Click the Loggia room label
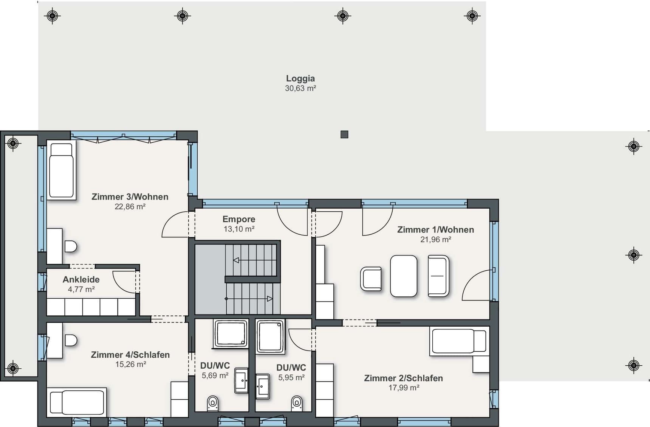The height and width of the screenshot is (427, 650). click(300, 78)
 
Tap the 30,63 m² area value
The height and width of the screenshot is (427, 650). click(300, 88)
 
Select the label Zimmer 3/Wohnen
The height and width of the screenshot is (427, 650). click(130, 196)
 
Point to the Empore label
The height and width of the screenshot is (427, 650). click(239, 219)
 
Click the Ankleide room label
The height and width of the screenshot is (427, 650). click(81, 279)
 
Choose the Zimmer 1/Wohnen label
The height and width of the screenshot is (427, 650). click(435, 229)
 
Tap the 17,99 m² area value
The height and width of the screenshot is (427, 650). click(404, 388)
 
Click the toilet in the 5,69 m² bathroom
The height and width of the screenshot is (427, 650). click(213, 403)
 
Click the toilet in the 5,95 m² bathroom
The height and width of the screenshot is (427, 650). click(297, 403)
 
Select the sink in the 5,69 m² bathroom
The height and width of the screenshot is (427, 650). click(241, 380)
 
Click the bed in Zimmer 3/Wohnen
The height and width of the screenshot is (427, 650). click(61, 170)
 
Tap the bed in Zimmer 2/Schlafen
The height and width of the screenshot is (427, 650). click(459, 341)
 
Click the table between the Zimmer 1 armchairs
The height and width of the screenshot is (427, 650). click(404, 276)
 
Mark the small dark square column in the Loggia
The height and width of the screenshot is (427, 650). click(344, 134)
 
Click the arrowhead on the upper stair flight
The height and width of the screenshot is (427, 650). click(236, 260)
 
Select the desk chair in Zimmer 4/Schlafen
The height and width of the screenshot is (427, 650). click(71, 340)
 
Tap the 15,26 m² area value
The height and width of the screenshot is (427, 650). click(130, 364)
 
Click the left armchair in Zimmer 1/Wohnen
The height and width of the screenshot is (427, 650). click(371, 279)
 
